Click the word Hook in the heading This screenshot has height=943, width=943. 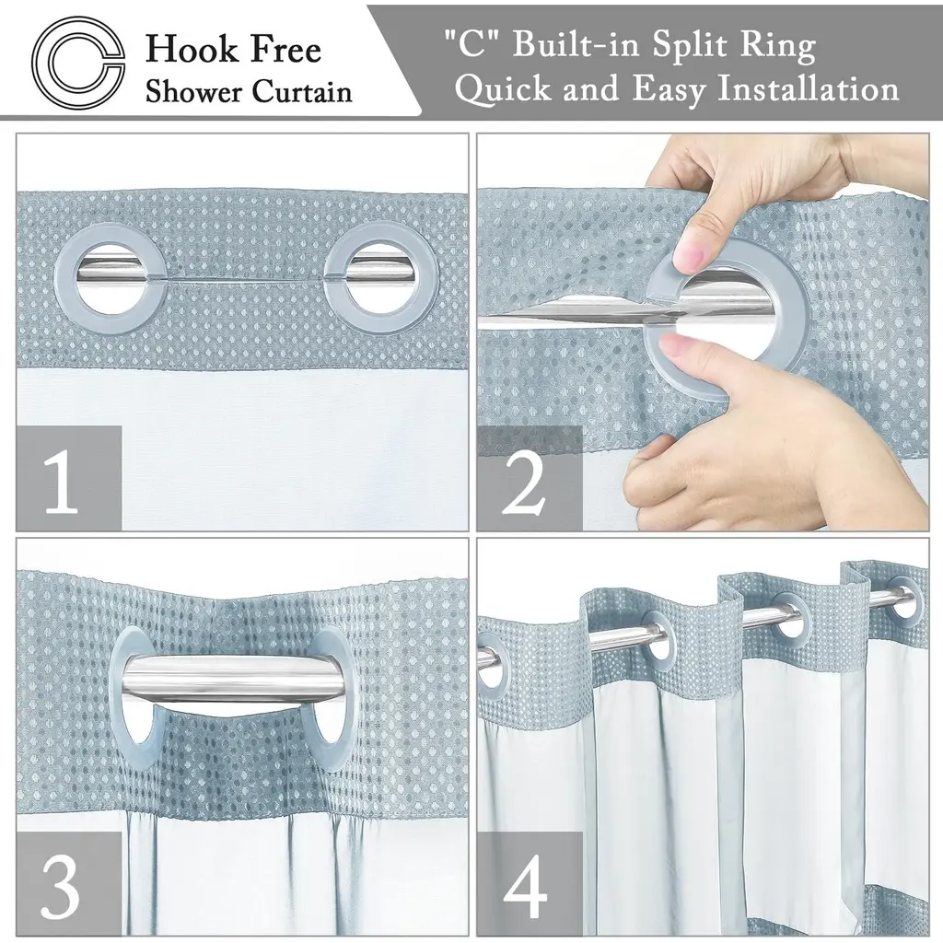[x=190, y=49]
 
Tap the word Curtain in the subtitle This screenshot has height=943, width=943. [x=302, y=91]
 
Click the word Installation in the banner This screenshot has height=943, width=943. [x=809, y=89]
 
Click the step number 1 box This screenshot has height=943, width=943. [x=69, y=479]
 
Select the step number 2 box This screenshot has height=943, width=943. [x=530, y=479]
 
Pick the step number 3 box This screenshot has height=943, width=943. [x=69, y=884]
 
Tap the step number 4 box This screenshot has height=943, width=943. [x=530, y=884]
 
